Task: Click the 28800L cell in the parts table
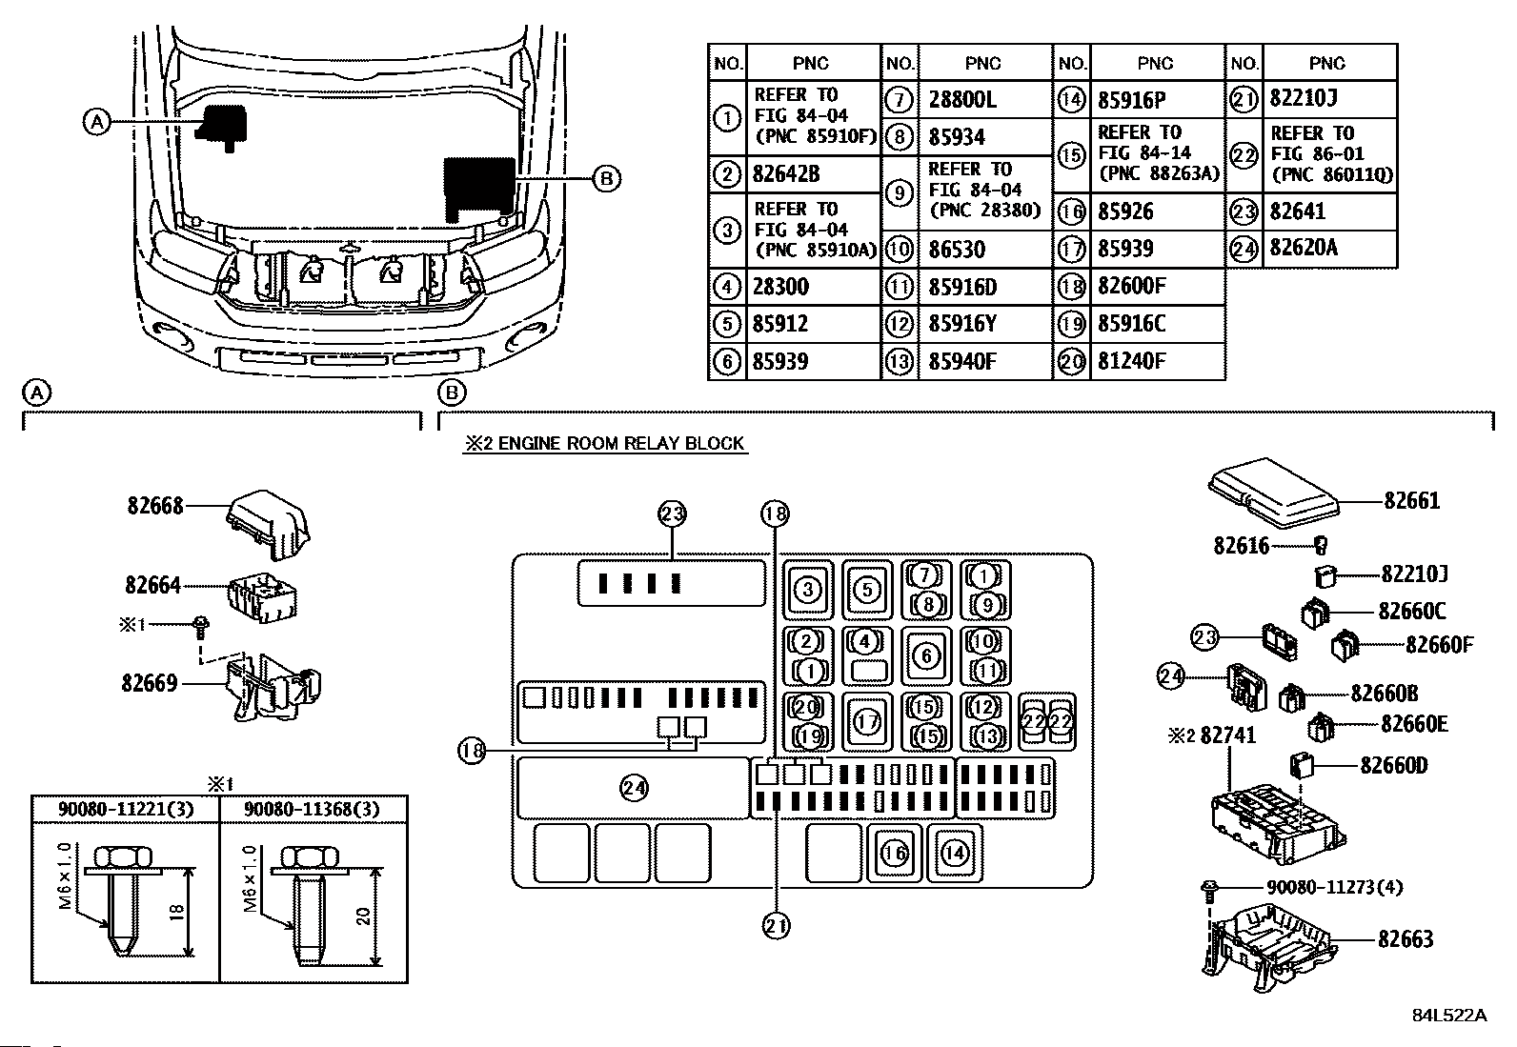[961, 100]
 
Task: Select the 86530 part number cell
[957, 250]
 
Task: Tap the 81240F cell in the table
[1131, 362]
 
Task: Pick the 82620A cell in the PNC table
[1304, 248]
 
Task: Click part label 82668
[155, 505]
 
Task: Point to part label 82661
[1411, 501]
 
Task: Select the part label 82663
[1406, 939]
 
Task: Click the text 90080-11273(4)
[1334, 887]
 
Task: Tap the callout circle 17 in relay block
[867, 722]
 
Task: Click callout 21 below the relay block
[776, 926]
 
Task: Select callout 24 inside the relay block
[634, 788]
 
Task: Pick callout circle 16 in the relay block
[895, 854]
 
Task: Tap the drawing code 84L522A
[1449, 1016]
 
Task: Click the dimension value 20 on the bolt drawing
[364, 916]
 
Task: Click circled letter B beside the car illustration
[606, 179]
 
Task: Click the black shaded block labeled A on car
[221, 127]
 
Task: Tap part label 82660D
[1394, 765]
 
